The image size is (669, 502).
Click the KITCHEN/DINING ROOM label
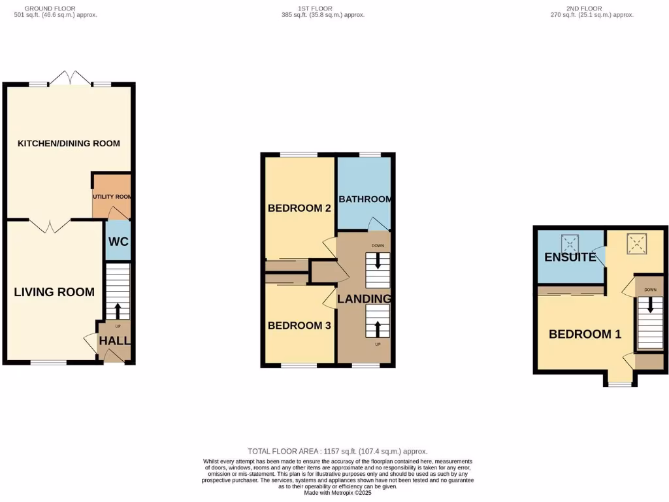(69, 143)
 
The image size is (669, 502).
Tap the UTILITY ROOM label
(112, 196)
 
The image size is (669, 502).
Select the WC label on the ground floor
(118, 241)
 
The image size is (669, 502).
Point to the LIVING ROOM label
(54, 292)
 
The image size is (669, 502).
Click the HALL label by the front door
(114, 341)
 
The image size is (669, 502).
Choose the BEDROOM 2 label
(299, 209)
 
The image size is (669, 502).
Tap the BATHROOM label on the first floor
(365, 199)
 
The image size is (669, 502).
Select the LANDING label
(364, 299)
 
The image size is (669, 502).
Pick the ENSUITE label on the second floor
(570, 257)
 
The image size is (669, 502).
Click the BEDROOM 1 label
(585, 334)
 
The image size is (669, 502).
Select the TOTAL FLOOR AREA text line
(338, 451)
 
